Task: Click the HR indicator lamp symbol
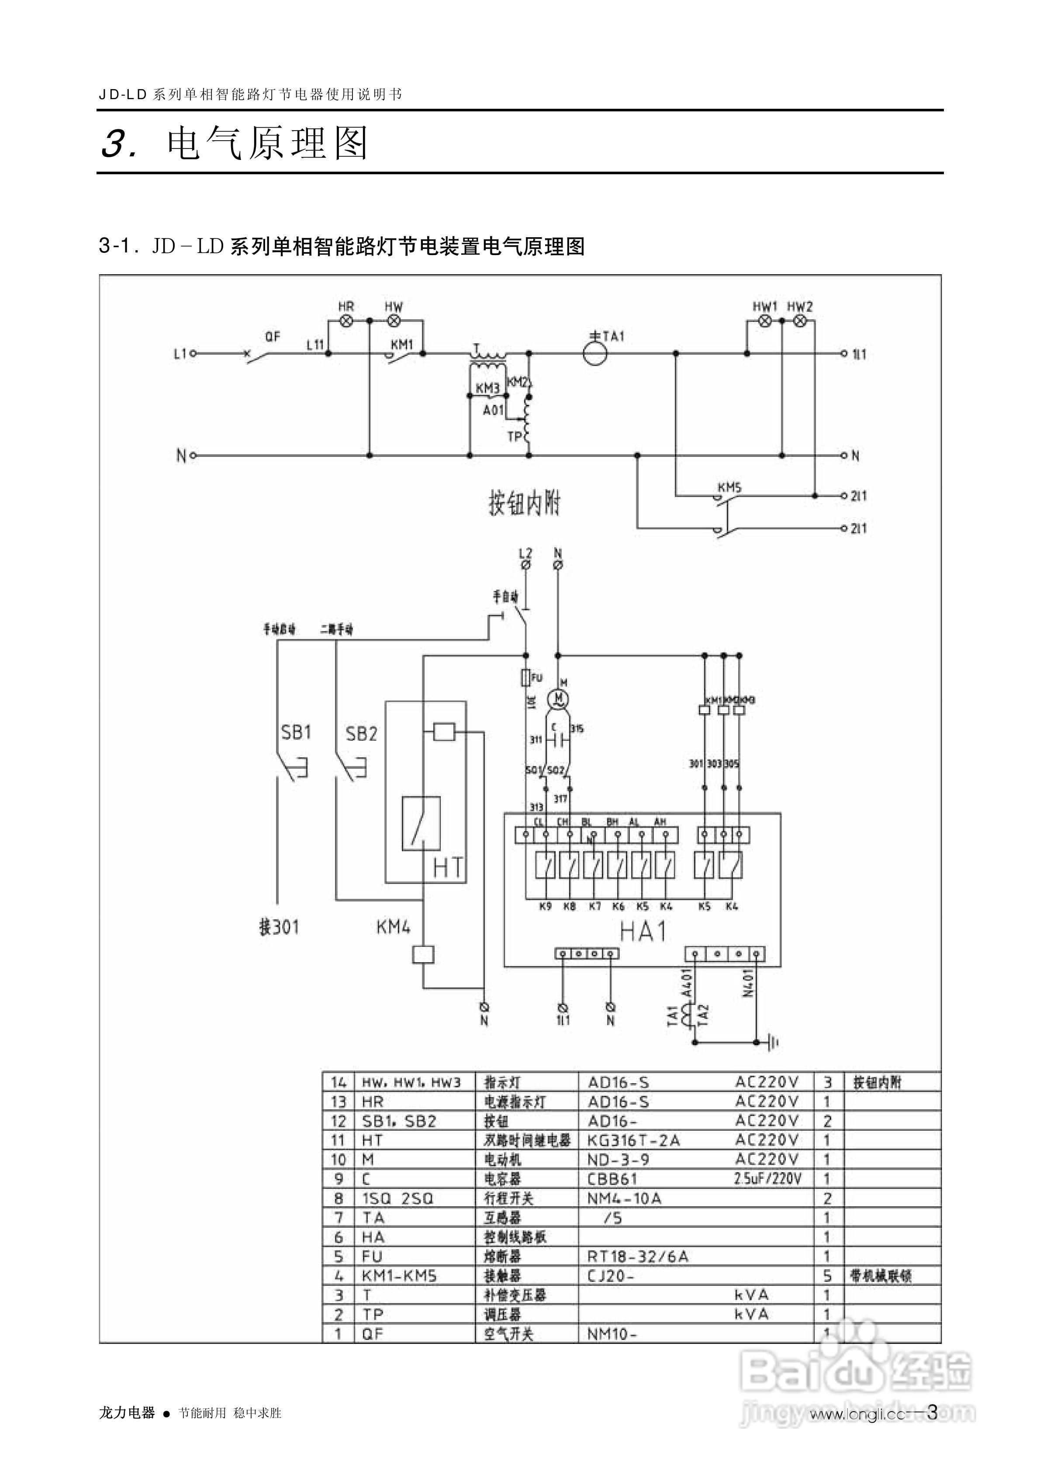(346, 321)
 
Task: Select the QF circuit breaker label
(272, 336)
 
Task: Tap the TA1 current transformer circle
(595, 354)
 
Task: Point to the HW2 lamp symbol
(799, 321)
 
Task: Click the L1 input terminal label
(180, 353)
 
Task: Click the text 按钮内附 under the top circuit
(524, 504)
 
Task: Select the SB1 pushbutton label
(296, 732)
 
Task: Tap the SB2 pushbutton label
(361, 734)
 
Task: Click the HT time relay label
(448, 868)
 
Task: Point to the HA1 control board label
(643, 931)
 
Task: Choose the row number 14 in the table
(339, 1083)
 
